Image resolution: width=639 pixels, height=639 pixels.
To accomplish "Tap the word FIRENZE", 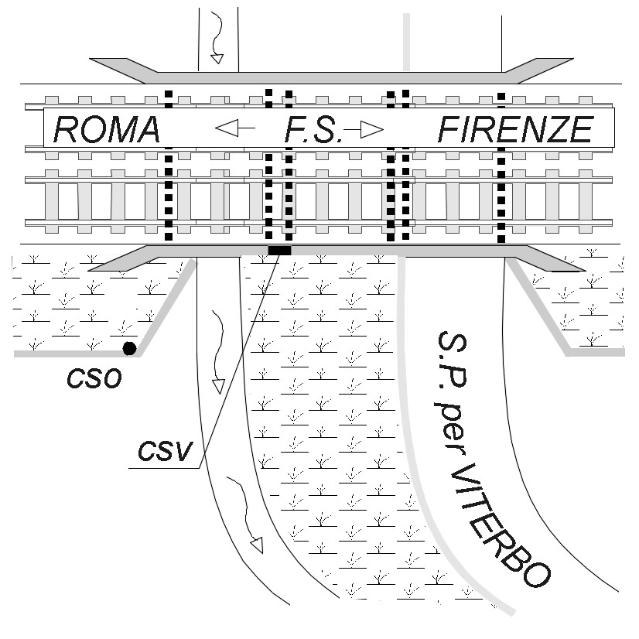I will pyautogui.click(x=515, y=129).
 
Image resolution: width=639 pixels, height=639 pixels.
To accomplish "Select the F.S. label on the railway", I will pyautogui.click(x=313, y=129).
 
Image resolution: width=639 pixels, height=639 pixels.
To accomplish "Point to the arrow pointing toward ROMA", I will pyautogui.click(x=235, y=128).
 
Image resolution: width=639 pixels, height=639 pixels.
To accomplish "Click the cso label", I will pyautogui.click(x=94, y=380).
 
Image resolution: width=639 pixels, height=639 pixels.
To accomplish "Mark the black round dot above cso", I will pyautogui.click(x=129, y=348).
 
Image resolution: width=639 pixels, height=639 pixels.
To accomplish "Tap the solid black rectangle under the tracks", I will pyautogui.click(x=279, y=251).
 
